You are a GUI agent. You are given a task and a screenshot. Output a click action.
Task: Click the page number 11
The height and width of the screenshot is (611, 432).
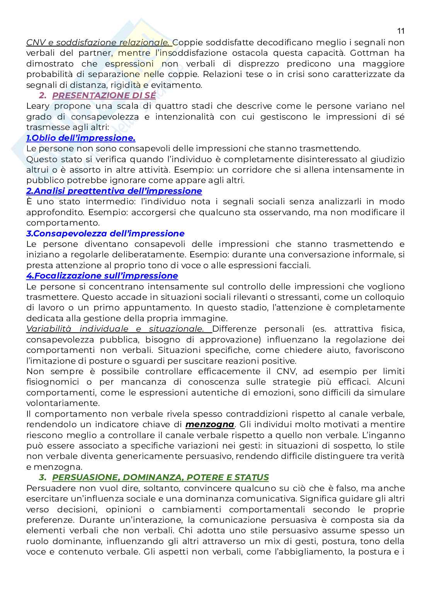tap(400, 31)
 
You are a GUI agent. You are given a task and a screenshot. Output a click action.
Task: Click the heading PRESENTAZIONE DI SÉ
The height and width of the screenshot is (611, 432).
tap(104, 95)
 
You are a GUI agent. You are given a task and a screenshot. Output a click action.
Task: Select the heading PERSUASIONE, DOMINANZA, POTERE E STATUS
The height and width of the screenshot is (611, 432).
tap(160, 478)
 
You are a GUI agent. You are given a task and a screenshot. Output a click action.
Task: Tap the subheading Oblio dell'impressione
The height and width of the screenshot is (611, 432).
tap(81, 138)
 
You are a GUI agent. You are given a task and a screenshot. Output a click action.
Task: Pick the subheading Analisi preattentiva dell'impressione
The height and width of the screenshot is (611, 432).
tap(114, 191)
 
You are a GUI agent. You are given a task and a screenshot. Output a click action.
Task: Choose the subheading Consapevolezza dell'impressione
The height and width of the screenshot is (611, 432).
tap(105, 233)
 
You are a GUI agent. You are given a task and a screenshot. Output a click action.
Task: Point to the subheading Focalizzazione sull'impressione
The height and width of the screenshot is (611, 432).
tap(102, 276)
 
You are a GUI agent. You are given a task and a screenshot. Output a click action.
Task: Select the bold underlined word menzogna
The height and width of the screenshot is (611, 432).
tap(210, 424)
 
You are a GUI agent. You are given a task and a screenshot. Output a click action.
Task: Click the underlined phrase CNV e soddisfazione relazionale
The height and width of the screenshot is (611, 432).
tap(98, 42)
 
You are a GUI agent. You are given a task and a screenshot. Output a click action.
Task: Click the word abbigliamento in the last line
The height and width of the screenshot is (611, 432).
tap(311, 551)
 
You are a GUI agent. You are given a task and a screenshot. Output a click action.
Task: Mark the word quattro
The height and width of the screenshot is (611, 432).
tap(181, 106)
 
